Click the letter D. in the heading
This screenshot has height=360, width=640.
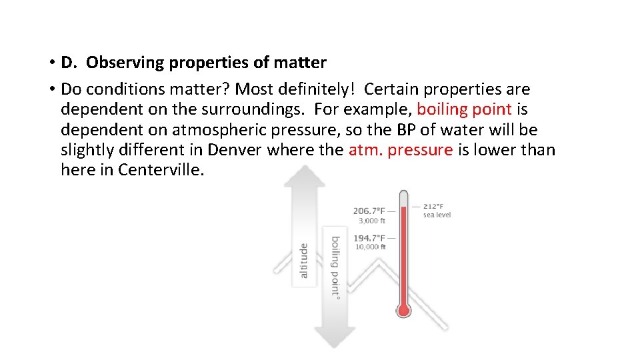coord(69,63)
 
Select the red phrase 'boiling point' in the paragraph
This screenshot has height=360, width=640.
coord(464,109)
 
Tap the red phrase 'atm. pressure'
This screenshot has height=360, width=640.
coord(400,149)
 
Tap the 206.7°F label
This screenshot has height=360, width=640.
coord(369,211)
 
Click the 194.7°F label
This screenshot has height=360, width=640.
coord(369,238)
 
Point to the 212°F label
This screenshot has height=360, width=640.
coord(433,206)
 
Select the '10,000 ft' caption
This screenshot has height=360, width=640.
coord(371,247)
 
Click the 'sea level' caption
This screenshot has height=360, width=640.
coord(437,215)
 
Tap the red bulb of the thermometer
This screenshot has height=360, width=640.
coord(403,310)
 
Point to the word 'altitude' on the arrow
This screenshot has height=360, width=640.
coord(304,260)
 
